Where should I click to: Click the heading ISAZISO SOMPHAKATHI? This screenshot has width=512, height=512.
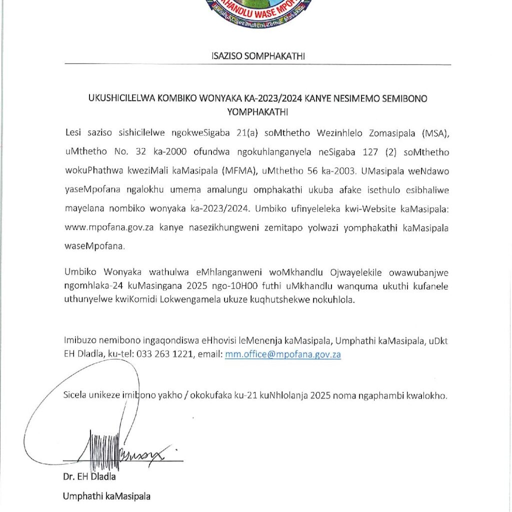pos(258,56)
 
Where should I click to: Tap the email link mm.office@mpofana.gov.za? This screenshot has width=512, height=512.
pos(283,354)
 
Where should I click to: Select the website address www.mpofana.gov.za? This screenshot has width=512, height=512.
pos(109,228)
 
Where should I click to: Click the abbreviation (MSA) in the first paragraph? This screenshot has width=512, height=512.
pos(434,133)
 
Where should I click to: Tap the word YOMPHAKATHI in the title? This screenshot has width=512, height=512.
pos(258,111)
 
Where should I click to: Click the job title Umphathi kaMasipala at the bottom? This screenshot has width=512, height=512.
pos(106,496)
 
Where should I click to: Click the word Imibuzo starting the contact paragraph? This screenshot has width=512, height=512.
pos(79,341)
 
